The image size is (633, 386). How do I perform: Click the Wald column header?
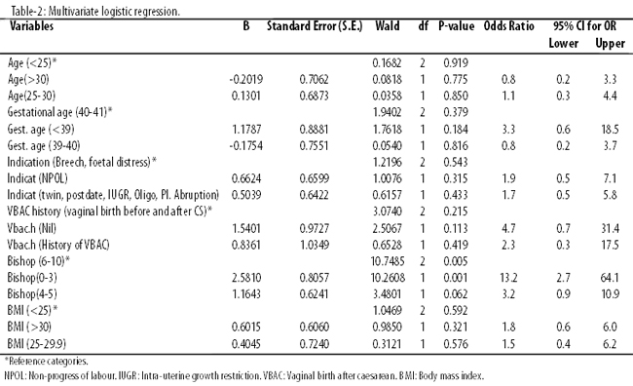388,26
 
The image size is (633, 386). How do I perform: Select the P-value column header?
456,26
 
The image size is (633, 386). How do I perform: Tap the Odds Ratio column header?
508,26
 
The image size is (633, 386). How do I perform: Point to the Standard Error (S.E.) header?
315,26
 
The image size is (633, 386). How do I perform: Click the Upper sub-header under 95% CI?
610,44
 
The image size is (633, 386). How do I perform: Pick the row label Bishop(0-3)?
32,278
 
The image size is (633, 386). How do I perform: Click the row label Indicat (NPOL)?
38,178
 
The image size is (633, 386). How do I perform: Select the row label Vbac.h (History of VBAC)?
58,245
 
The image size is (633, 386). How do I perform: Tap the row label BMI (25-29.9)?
37,344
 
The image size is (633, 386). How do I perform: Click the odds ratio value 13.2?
508,278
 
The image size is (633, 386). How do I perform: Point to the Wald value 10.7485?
388,261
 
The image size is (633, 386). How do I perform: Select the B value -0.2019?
245,80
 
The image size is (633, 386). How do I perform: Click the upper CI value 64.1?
610,278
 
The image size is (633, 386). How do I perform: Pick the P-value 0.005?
456,261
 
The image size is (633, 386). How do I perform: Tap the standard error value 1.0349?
315,245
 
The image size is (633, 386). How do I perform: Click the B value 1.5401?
245,228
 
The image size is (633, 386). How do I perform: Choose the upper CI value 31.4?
610,228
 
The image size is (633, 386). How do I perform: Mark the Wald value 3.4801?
388,294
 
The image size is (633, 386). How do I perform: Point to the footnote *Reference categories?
47,361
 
